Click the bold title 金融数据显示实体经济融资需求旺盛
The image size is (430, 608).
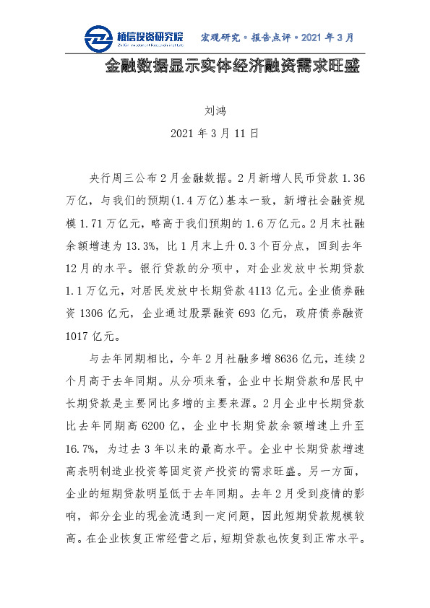[x=231, y=67]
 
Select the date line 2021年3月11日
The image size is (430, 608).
[x=215, y=134]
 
